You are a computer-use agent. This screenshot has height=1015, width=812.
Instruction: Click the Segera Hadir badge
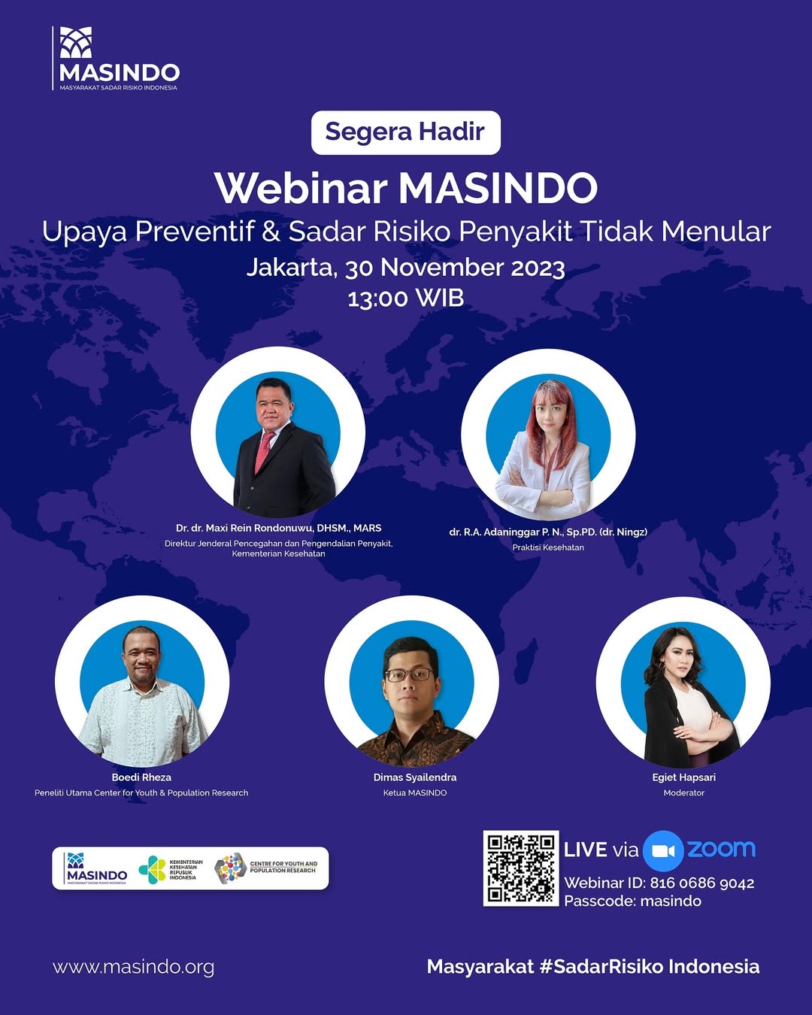(x=406, y=132)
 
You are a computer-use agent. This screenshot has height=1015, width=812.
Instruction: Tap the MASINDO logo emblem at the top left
(x=76, y=42)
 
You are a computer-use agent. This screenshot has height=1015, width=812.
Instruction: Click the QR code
(x=521, y=868)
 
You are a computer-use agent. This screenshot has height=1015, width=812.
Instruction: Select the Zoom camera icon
(x=663, y=850)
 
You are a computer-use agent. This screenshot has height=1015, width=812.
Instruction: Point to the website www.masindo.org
(x=134, y=967)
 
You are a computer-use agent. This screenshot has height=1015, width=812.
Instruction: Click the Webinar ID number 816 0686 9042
(x=702, y=883)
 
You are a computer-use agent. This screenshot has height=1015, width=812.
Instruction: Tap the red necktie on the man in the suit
(x=264, y=452)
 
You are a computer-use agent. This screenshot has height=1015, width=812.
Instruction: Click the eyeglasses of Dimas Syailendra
(x=409, y=674)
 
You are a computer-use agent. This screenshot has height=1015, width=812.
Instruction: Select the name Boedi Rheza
(x=141, y=777)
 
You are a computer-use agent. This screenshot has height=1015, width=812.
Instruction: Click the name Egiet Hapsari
(x=683, y=777)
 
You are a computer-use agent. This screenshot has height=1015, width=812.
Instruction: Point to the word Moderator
(x=683, y=793)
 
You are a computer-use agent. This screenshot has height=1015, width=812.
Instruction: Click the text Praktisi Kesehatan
(x=548, y=547)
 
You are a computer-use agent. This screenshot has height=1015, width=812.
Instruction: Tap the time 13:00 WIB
(x=406, y=298)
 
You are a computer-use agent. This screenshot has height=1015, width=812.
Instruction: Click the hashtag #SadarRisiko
(x=601, y=966)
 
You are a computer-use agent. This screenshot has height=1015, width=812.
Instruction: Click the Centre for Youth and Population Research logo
(x=265, y=868)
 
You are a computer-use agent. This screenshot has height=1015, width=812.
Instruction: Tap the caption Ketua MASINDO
(x=415, y=793)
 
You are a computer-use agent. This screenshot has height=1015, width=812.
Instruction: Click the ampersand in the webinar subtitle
(x=271, y=232)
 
